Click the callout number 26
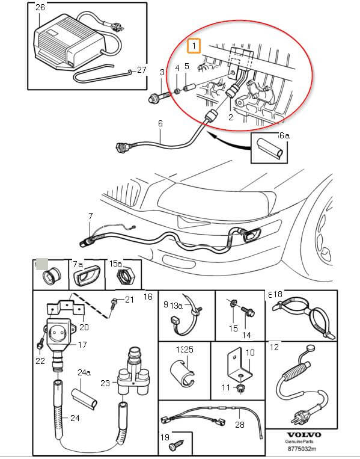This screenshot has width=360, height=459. [x=40, y=8]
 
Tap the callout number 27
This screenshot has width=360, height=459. [x=141, y=69]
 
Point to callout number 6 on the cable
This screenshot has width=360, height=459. [x=160, y=124]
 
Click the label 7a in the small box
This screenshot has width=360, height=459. [x=78, y=265]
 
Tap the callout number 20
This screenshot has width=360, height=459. [x=84, y=327]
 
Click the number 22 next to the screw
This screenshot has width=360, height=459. [x=40, y=361]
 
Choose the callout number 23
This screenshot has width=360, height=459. [x=106, y=382]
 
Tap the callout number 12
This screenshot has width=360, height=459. [x=274, y=347]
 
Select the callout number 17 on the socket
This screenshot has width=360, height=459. [x=82, y=345]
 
